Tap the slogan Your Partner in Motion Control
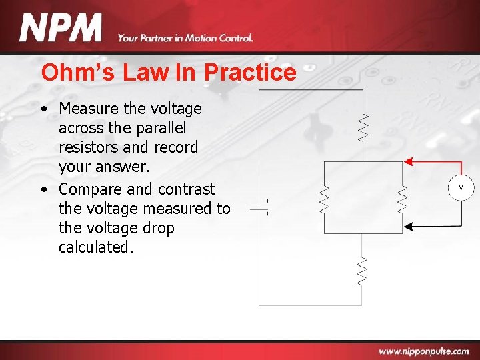coord(185,38)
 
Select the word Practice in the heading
coord(251,72)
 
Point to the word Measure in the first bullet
coord(91,108)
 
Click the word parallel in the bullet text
coord(161,127)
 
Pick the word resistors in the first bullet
coord(89,147)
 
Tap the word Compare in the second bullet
coord(91,189)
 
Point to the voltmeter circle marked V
coord(460,188)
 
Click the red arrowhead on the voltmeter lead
coord(409,161)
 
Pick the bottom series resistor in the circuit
coord(362,271)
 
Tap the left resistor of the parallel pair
coord(325,198)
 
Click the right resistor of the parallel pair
coord(402,198)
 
